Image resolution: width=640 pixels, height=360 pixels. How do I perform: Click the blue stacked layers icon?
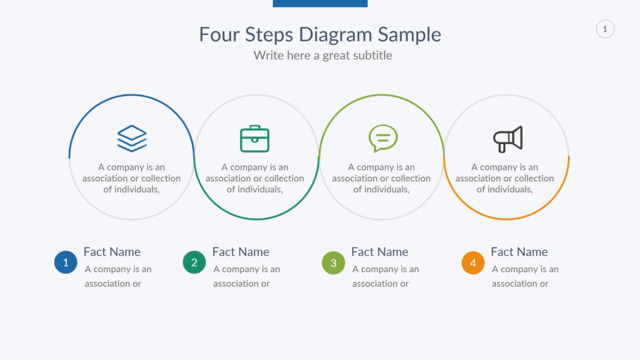pyautogui.click(x=132, y=138)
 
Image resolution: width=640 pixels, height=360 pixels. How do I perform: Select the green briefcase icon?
pyautogui.click(x=255, y=139)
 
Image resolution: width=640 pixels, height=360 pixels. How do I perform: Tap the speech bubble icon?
pyautogui.click(x=383, y=138)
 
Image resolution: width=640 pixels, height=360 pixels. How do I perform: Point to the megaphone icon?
pyautogui.click(x=508, y=139)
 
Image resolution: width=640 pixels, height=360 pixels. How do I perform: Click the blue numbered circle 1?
pyautogui.click(x=66, y=262)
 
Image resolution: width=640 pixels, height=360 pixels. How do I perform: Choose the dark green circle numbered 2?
pyautogui.click(x=194, y=262)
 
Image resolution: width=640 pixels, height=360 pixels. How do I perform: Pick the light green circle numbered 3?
pyautogui.click(x=333, y=262)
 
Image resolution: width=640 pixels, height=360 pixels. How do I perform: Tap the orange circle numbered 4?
pyautogui.click(x=473, y=262)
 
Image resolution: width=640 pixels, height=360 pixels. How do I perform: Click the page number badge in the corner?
pyautogui.click(x=605, y=29)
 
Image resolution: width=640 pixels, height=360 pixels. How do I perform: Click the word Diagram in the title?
pyautogui.click(x=336, y=35)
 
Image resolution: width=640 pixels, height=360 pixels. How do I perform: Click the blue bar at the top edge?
pyautogui.click(x=320, y=3)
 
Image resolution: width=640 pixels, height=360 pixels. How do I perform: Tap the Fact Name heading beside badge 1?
pyautogui.click(x=112, y=252)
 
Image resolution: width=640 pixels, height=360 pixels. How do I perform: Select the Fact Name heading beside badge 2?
pyautogui.click(x=241, y=252)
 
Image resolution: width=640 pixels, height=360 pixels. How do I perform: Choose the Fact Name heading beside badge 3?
pyautogui.click(x=380, y=252)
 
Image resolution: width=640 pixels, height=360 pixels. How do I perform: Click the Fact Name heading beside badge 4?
pyautogui.click(x=519, y=252)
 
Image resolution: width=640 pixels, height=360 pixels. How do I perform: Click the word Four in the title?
pyautogui.click(x=219, y=35)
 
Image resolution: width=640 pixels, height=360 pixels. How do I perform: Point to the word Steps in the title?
pyautogui.click(x=269, y=35)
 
